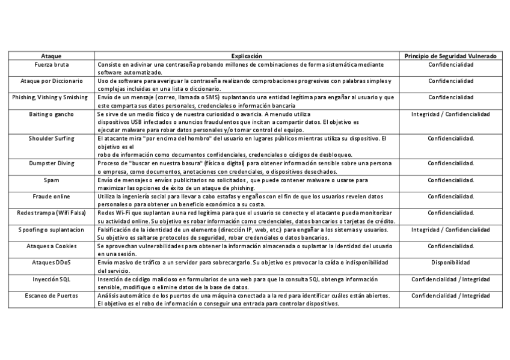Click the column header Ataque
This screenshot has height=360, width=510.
point(51,55)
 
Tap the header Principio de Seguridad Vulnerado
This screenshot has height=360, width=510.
point(450,55)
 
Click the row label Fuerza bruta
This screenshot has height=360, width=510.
point(51,64)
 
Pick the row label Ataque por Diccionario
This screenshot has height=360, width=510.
point(51,80)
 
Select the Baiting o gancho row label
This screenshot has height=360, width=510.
point(51,114)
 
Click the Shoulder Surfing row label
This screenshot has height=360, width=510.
point(51,138)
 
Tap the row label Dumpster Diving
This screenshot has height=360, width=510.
point(51,163)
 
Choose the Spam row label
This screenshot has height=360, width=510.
point(51,180)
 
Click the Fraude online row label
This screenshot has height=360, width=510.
point(51,197)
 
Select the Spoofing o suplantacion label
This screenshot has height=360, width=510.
point(51,230)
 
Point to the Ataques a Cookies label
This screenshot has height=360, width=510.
point(51,246)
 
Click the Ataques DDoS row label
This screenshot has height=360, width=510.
point(51,263)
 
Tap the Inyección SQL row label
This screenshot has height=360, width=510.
point(51,279)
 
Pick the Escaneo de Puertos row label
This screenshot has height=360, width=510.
point(51,296)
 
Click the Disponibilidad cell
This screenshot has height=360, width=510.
point(450,263)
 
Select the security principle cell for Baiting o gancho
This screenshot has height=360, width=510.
point(450,114)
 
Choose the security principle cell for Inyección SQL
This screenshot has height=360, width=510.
point(450,279)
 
